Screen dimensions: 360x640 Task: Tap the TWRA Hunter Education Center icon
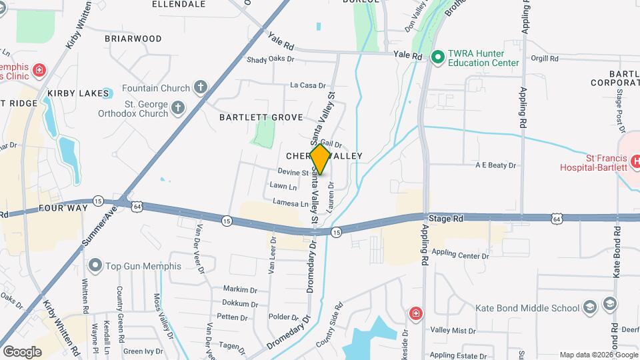[x=438, y=57]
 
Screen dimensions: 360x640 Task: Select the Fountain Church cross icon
[x=201, y=87]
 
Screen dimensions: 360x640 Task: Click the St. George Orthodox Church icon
[x=177, y=107]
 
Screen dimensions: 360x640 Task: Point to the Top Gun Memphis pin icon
[x=95, y=266]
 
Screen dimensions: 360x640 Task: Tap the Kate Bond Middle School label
[x=527, y=308]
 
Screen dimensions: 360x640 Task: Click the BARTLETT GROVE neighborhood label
[x=257, y=117]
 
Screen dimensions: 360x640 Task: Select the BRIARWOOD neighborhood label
[x=133, y=39]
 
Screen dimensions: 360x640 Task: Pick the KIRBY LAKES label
[x=78, y=93]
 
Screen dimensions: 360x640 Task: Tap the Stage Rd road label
[x=446, y=219]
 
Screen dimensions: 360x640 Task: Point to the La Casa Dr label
[x=307, y=85]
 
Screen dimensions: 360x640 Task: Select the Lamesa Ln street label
[x=291, y=203]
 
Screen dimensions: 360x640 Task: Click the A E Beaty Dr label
[x=496, y=165]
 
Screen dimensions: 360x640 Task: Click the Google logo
[x=22, y=351]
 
